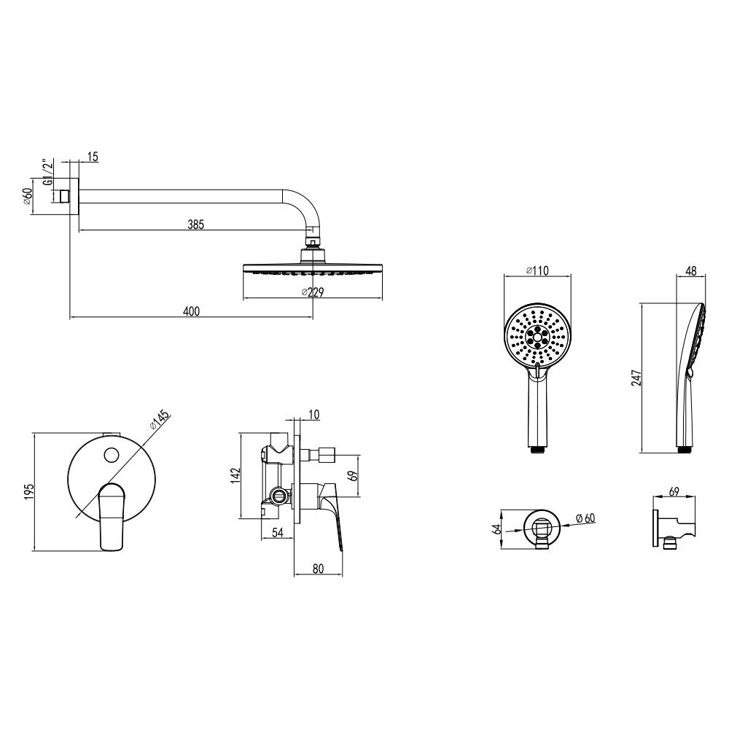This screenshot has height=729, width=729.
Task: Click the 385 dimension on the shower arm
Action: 195,225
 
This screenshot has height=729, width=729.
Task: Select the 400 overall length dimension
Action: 191,311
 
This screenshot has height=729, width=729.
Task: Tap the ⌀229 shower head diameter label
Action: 313,292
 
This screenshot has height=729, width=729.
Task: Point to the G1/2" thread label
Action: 47,173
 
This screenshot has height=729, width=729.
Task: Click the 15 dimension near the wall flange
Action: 93,157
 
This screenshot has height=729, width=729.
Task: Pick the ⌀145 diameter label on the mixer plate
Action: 160,421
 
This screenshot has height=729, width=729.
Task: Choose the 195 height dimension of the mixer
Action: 29,492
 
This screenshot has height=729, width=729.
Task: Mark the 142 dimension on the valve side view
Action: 235,475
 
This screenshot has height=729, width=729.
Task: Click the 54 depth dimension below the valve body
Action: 278,533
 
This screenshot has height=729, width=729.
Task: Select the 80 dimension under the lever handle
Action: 318,569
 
